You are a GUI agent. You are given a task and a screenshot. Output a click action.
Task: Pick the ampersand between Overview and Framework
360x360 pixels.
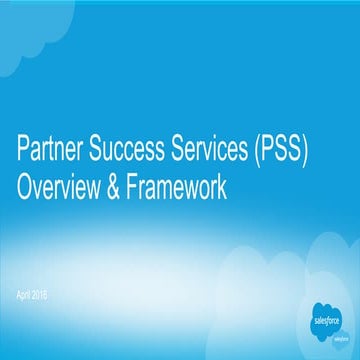pos(122,187)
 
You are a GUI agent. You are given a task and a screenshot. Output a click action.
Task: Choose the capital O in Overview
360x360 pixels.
pos(26,187)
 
